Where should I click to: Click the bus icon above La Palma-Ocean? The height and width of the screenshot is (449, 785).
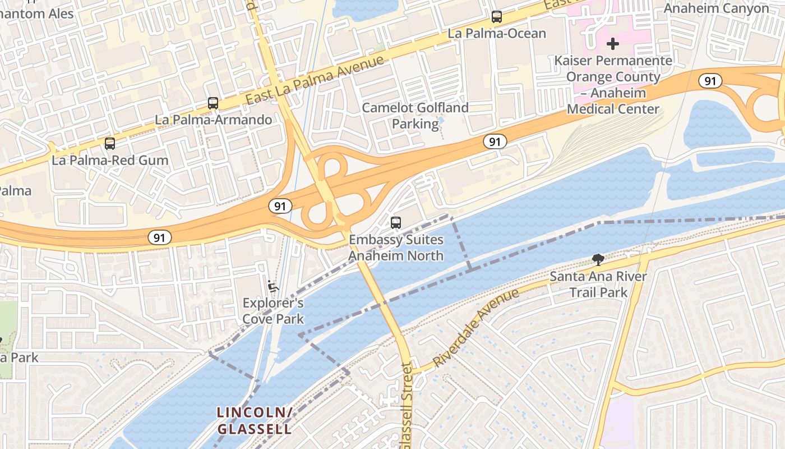497,17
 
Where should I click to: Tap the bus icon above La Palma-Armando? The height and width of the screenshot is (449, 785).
213,103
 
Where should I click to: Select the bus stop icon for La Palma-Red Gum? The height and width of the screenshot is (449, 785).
110,144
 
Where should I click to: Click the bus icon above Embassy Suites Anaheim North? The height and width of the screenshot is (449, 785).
396,223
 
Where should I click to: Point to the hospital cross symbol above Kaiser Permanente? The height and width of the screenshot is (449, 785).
613,43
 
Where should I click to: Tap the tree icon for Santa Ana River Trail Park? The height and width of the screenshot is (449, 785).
598,259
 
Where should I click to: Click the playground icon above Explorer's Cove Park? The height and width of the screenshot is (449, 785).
273,286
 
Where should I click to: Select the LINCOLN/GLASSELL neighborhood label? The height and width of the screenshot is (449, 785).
255,421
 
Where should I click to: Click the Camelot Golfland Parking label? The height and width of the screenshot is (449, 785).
415,116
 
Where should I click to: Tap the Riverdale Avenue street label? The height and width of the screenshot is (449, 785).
477,328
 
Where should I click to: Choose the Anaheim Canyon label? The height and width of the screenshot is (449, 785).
717,8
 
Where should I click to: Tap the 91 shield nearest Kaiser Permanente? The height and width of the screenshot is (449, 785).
710,81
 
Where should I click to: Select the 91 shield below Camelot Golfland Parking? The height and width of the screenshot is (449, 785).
495,141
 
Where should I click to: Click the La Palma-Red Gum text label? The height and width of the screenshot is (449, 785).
110,160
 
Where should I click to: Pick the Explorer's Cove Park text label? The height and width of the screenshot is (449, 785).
273,311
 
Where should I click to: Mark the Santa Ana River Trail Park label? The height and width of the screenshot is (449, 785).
598,284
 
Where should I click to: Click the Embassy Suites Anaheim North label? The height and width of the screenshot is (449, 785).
396,248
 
